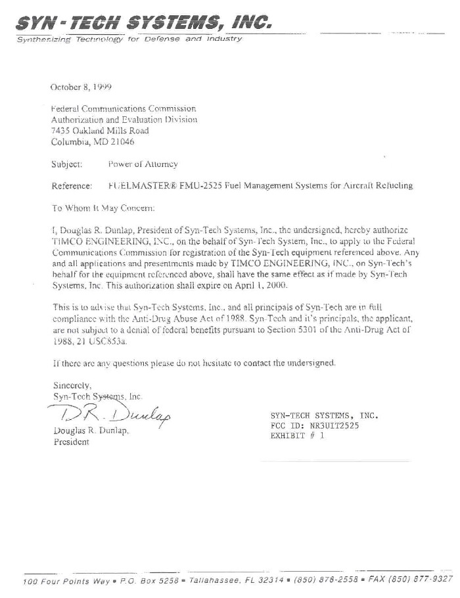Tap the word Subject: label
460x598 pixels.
coord(66,164)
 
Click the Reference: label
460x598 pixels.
coord(71,186)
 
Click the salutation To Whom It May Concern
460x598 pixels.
coord(103,208)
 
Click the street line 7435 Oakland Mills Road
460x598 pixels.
coord(100,131)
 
